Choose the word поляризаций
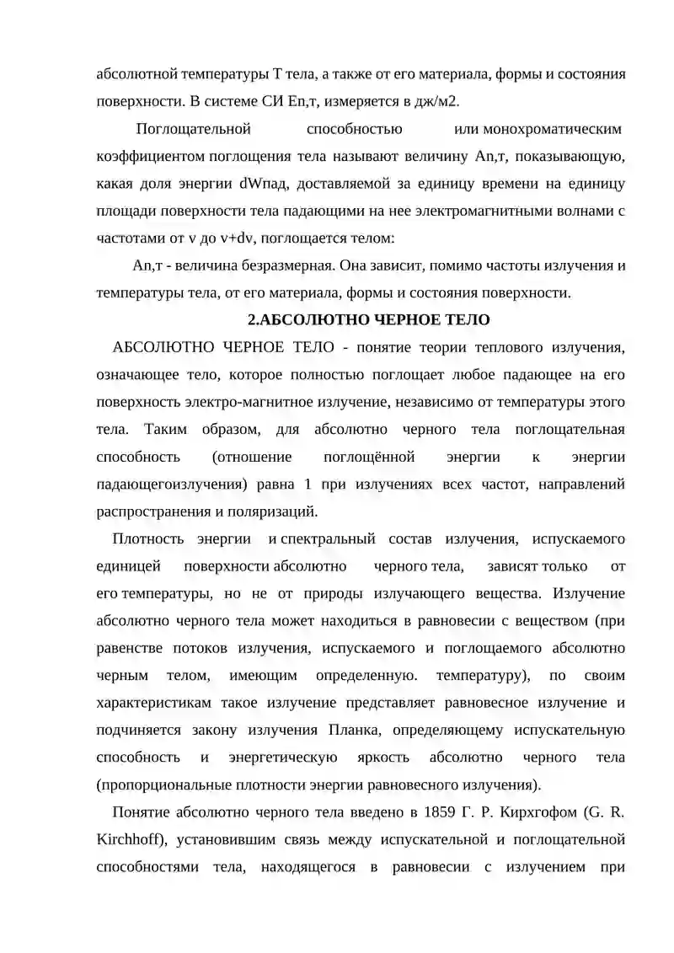pos(279,511)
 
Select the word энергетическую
pos(290,758)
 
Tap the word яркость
pos(384,758)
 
